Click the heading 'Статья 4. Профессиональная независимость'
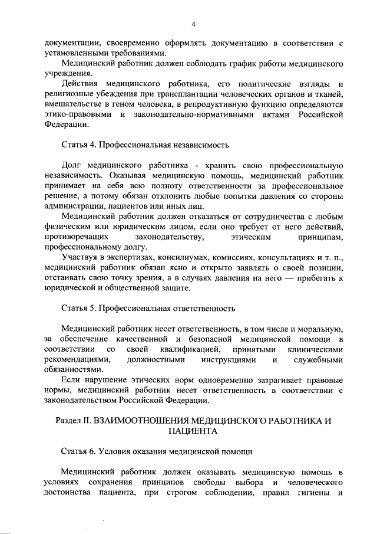(145, 144)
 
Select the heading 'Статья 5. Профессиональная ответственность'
(148, 308)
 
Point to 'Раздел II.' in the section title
(74, 421)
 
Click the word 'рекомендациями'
(77, 359)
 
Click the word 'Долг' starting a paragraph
(72, 165)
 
